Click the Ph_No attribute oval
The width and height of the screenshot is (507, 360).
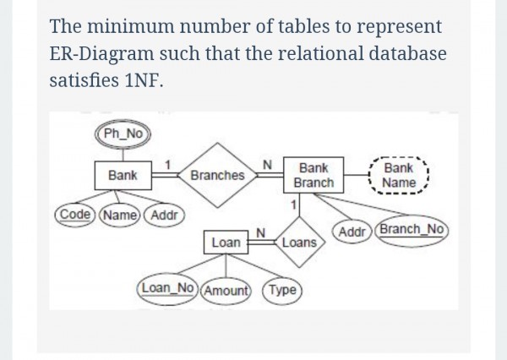tap(123, 133)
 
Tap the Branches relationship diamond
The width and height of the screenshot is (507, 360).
tap(217, 176)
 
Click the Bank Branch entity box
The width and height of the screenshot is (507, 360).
tap(313, 176)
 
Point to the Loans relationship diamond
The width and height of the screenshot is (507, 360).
tap(297, 243)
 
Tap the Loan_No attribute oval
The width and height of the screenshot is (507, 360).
tap(166, 289)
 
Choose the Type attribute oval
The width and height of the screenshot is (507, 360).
tap(284, 289)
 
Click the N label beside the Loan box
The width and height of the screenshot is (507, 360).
tap(261, 232)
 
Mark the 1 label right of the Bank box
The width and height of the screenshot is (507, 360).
tap(169, 163)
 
